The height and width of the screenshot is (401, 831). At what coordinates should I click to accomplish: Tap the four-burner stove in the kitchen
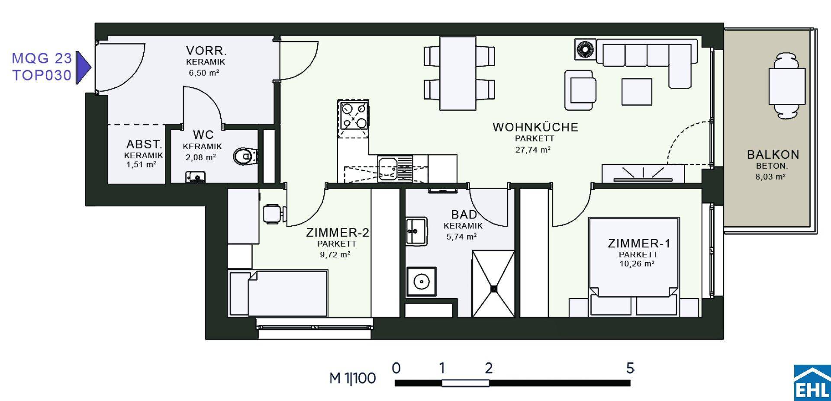tap(354, 115)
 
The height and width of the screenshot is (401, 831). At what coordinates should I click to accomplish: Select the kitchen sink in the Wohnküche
tap(395, 168)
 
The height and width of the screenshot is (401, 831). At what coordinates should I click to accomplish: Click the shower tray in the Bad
tap(493, 284)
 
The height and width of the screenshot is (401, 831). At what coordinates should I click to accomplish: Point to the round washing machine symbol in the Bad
tap(421, 282)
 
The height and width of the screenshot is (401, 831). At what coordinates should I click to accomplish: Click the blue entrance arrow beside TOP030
tap(84, 67)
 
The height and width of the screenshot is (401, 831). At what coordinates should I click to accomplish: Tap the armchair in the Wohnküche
tap(580, 90)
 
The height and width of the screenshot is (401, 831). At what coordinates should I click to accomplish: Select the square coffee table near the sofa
tap(636, 92)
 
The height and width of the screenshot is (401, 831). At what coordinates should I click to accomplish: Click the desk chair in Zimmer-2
tap(274, 214)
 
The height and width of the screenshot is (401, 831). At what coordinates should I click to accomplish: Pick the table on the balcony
tap(787, 86)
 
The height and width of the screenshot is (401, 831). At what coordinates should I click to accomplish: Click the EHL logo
tap(812, 383)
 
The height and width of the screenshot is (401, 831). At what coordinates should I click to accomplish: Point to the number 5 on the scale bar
tap(630, 369)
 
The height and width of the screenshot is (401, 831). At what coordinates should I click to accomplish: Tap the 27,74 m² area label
tap(532, 150)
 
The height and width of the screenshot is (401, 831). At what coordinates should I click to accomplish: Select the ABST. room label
tap(144, 144)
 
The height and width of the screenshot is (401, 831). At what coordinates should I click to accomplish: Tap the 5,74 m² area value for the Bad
tap(461, 237)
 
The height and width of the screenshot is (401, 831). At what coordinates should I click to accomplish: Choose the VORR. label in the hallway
tap(206, 51)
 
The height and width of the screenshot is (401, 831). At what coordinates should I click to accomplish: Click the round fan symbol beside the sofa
tap(584, 49)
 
